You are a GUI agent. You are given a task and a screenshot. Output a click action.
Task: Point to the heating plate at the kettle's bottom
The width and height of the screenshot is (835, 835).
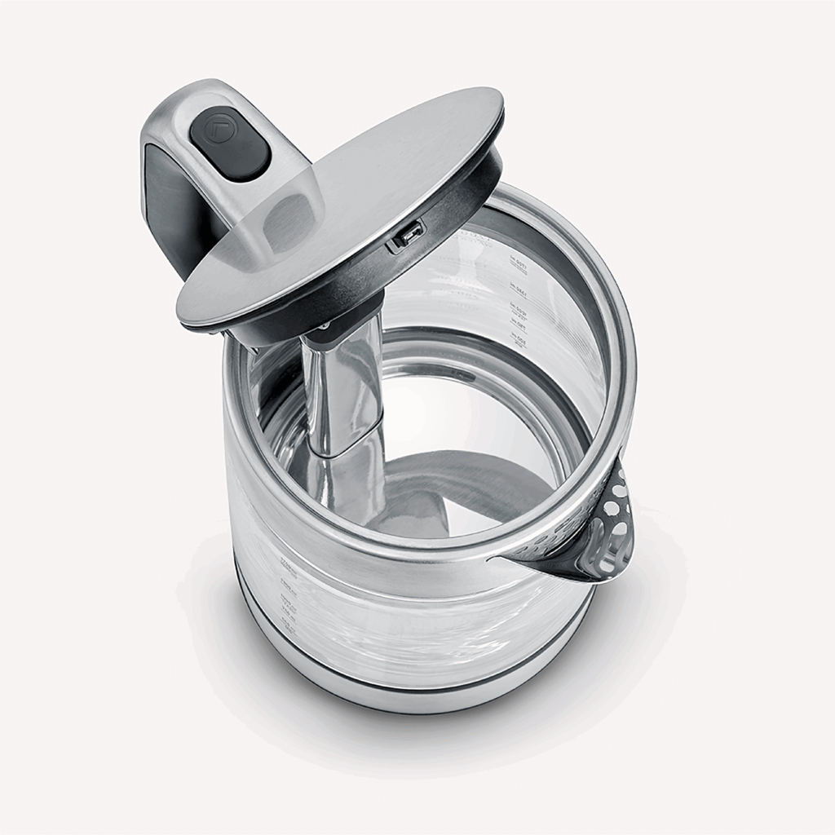[457, 489]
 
